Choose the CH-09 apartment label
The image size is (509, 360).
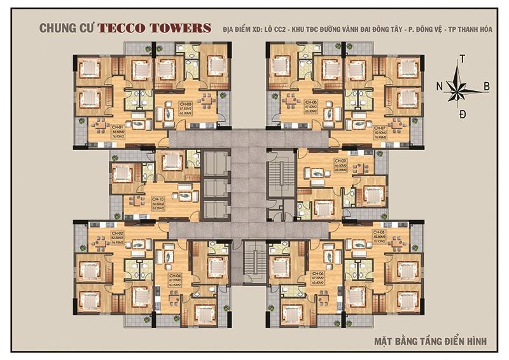coord(340,161)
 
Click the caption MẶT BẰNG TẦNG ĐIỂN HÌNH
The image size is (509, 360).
coord(429,341)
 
